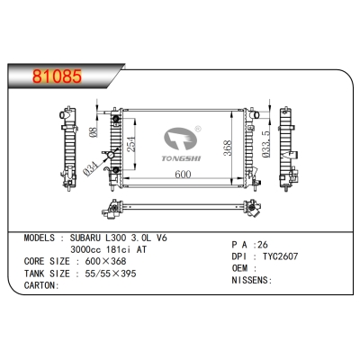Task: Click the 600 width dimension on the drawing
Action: (x=184, y=174)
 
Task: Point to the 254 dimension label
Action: (x=131, y=140)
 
